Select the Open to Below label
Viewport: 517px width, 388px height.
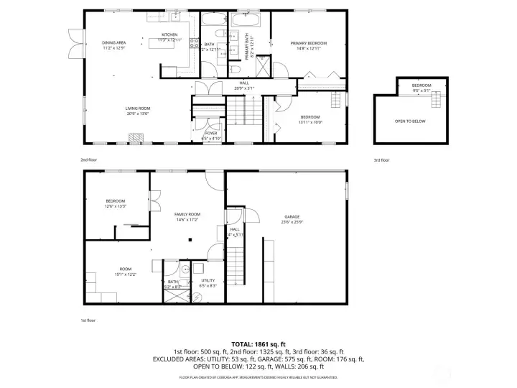coord(410,121)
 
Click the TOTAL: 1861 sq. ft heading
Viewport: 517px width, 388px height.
coord(258,344)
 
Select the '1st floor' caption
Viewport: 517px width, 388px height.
coord(89,320)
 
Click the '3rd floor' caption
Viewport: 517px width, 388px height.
coord(381,160)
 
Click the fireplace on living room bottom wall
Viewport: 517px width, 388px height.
coord(134,137)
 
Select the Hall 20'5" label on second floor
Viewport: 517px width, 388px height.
coord(244,86)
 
